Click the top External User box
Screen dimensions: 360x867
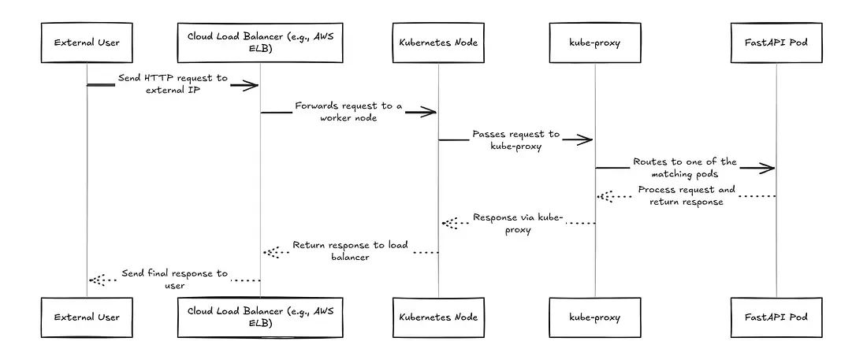[87, 43]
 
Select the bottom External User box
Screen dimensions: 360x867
[87, 317]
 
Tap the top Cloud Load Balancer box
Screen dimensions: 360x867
[261, 43]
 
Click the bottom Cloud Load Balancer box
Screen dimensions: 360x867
[261, 317]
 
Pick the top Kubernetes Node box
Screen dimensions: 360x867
[438, 43]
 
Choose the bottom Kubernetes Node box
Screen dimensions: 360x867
[438, 317]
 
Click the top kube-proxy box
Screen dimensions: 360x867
[594, 43]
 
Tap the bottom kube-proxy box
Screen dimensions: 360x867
[594, 317]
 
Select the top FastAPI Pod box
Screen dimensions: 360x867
[776, 43]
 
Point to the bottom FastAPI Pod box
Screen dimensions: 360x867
[776, 317]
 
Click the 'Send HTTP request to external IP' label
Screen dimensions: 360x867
[173, 84]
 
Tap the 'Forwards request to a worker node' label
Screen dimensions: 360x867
[348, 111]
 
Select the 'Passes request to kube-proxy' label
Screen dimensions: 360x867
[515, 139]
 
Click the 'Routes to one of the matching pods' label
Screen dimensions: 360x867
[684, 167]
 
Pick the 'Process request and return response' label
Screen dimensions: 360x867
[686, 195]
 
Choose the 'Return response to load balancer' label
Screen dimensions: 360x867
[350, 251]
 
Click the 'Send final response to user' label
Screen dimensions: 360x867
[174, 279]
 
